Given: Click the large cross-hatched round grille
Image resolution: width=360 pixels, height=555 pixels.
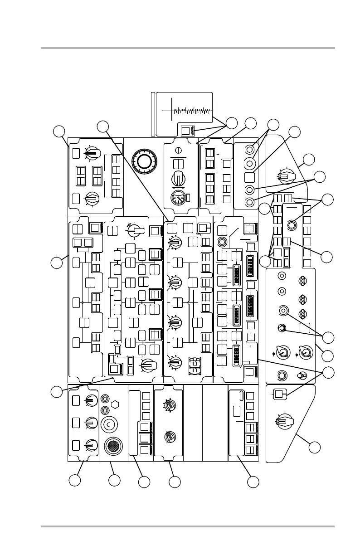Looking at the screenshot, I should [113, 446].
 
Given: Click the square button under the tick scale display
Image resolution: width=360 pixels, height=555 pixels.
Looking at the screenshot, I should [186, 131].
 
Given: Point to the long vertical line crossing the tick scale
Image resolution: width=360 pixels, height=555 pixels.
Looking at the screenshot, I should [172, 109].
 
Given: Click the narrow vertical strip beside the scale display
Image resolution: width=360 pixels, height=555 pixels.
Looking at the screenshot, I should [153, 113].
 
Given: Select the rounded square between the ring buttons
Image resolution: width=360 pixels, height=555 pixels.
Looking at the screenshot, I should [249, 176].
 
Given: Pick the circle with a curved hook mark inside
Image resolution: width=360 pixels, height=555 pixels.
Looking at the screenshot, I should [110, 425].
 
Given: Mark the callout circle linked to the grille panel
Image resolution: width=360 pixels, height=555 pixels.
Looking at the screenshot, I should [115, 480].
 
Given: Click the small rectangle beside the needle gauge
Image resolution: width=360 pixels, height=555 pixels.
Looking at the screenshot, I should [188, 197].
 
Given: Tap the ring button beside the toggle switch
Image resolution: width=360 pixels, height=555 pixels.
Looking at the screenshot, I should [282, 375].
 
